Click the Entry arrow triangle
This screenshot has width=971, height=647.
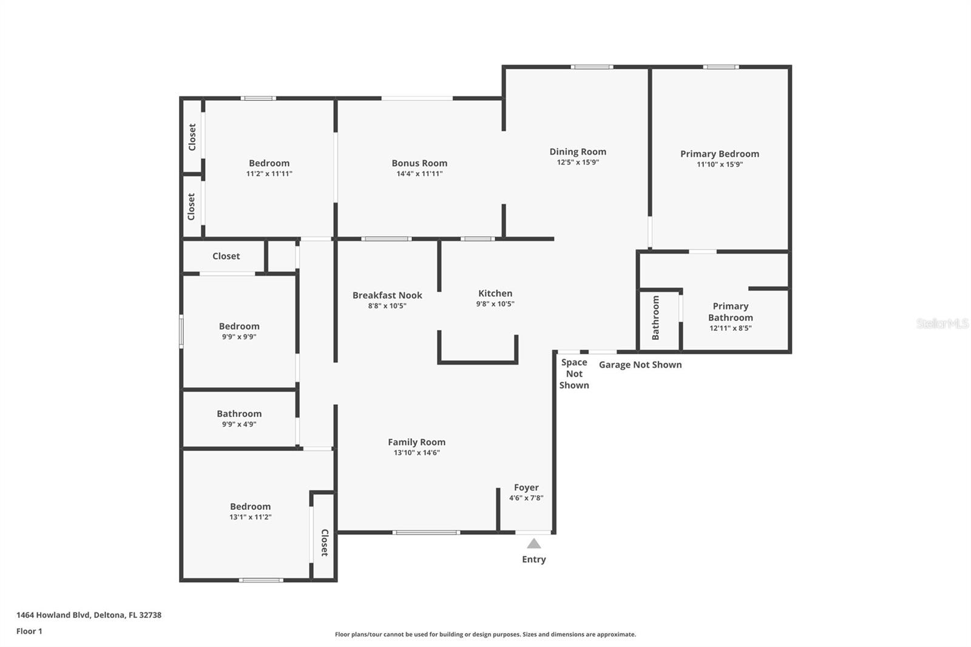533,543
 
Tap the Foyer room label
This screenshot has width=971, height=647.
526,487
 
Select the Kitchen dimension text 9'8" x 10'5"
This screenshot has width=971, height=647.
495,304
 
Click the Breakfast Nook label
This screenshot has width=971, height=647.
387,295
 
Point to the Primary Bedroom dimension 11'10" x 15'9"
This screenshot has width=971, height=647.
720,164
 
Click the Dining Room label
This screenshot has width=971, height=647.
578,152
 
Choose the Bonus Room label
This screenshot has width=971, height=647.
419,163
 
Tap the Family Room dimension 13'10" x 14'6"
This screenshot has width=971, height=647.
416,453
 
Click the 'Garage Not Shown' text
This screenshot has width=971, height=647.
640,365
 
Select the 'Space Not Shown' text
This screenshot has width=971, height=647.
574,374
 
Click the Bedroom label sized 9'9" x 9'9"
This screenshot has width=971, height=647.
239,326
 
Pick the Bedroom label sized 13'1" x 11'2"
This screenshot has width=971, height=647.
250,506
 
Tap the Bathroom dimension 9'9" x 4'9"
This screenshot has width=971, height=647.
239,424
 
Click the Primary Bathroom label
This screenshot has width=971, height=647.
731,312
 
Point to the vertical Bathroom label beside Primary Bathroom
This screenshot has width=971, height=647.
656,318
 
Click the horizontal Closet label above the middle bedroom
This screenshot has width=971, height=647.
226,256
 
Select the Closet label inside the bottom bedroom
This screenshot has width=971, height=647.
324,543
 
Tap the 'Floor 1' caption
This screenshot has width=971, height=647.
29,631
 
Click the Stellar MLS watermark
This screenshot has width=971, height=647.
942,323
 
